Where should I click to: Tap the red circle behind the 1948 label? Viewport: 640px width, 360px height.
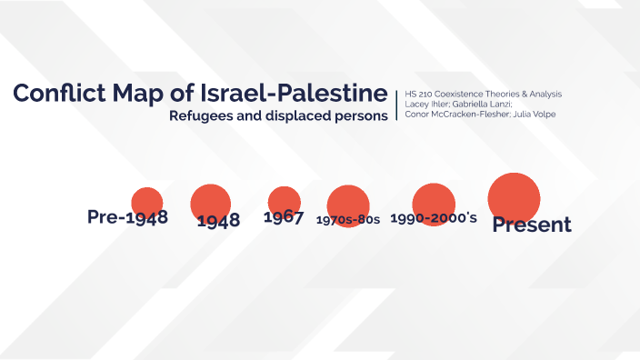pos(211,202)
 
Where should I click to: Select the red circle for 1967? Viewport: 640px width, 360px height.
pos(285,201)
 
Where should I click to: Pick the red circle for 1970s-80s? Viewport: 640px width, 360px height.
pos(348,204)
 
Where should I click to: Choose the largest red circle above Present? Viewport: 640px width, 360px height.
pos(515,196)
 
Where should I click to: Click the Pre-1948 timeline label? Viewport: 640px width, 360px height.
pos(127,217)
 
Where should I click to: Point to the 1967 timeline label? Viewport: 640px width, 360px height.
pos(283,217)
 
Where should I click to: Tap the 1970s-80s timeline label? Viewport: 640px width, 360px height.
pos(348,220)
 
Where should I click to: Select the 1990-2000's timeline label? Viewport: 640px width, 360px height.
pos(434,218)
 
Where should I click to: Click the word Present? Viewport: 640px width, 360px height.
pos(532,225)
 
